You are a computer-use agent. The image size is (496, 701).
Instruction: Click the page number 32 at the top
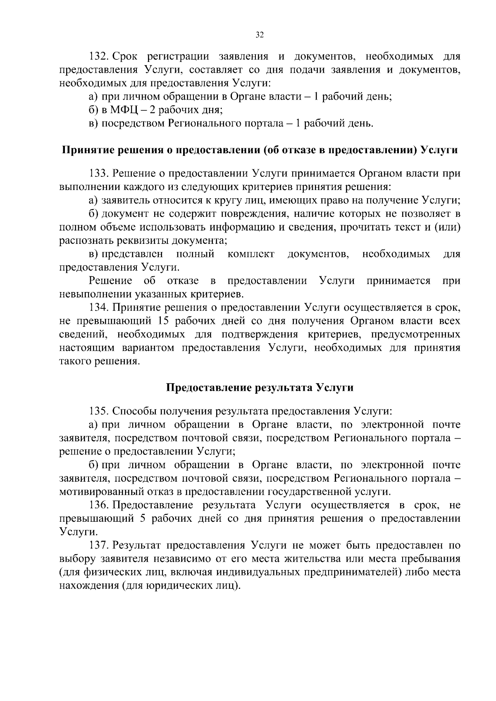[x=259, y=35]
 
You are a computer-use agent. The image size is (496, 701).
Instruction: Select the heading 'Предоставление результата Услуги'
[x=260, y=388]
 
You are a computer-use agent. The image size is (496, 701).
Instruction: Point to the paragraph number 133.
[x=99, y=173]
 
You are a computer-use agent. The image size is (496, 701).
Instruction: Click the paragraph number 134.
[x=99, y=308]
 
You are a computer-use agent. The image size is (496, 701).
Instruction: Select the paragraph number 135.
[x=99, y=411]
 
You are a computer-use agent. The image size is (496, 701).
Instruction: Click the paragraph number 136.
[x=99, y=505]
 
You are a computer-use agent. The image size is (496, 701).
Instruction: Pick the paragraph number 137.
[x=99, y=545]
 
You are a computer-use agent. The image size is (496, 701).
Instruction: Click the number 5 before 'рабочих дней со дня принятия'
[x=143, y=519]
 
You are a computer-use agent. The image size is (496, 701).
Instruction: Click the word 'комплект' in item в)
[x=251, y=254]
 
